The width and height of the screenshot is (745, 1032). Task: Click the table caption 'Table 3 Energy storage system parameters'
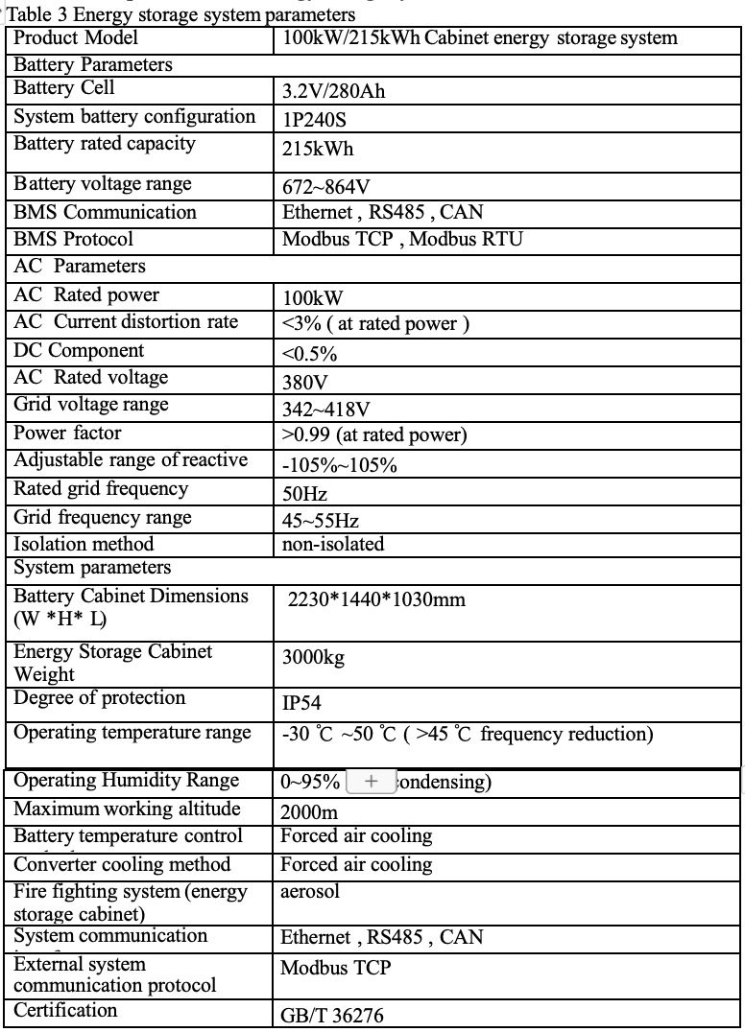(x=181, y=14)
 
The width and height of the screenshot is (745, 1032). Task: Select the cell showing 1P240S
(x=320, y=122)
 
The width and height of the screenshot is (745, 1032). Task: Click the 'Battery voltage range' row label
(x=103, y=184)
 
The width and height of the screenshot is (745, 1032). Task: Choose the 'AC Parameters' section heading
(x=80, y=267)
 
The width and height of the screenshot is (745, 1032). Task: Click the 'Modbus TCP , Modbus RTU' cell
(x=402, y=240)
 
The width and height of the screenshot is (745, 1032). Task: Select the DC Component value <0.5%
(x=309, y=354)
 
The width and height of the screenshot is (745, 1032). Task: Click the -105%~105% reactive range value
(x=339, y=466)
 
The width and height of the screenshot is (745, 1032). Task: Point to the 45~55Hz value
(x=321, y=521)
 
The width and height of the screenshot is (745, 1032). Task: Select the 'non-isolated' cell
(x=332, y=545)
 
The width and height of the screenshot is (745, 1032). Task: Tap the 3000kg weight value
(x=313, y=658)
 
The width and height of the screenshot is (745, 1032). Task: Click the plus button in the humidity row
(x=372, y=781)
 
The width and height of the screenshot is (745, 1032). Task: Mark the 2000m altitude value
(x=309, y=812)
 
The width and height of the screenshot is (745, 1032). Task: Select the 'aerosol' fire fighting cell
(x=310, y=892)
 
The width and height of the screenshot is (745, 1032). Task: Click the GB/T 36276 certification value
(x=332, y=1016)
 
